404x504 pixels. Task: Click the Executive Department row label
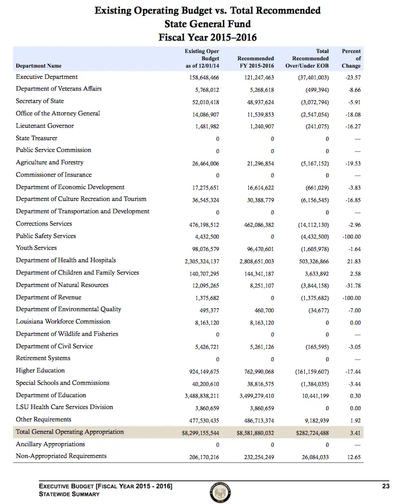[x=47, y=77]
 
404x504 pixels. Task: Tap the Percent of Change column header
[x=351, y=58]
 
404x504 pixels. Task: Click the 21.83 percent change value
[x=353, y=261]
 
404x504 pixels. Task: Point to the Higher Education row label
[x=40, y=371]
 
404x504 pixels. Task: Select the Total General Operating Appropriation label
[x=70, y=432]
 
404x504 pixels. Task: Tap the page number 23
[x=385, y=485]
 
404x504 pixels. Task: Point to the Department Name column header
[x=39, y=66]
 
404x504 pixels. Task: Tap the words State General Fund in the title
[x=207, y=24]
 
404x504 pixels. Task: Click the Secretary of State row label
[x=40, y=101]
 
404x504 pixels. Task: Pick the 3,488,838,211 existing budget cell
[x=201, y=395]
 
